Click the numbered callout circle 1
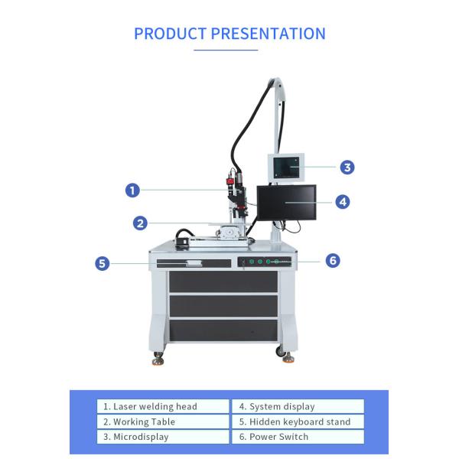pyautogui.click(x=132, y=190)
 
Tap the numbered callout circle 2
pyautogui.click(x=139, y=223)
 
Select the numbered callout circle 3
pyautogui.click(x=347, y=167)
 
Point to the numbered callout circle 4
pyautogui.click(x=343, y=202)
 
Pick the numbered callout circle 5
pyautogui.click(x=103, y=263)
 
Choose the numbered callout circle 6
pyautogui.click(x=332, y=260)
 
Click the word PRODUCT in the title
pyautogui.click(x=170, y=34)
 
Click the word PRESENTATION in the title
pyautogui.click(x=269, y=34)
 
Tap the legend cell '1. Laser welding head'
pyautogui.click(x=162, y=406)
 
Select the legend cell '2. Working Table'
pyautogui.click(x=162, y=422)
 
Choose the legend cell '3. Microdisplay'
pyautogui.click(x=162, y=437)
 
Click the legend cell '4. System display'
pyautogui.click(x=298, y=406)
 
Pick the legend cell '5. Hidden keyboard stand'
pyautogui.click(x=298, y=422)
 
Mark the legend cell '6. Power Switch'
pyautogui.click(x=298, y=437)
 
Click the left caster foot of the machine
pyautogui.click(x=158, y=356)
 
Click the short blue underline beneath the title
pyautogui.click(x=226, y=50)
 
